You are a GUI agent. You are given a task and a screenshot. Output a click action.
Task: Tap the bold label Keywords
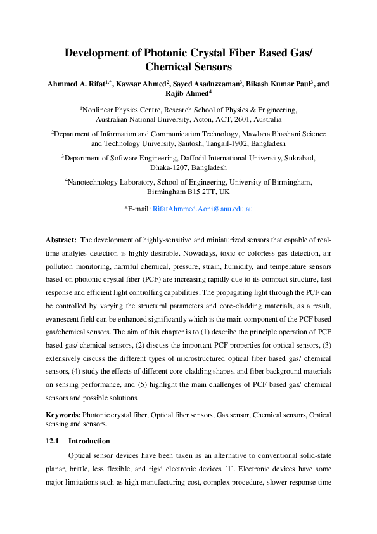click(63, 414)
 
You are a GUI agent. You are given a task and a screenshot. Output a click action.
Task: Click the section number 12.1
click(52, 441)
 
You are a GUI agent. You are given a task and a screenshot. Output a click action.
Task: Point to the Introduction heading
click(89, 441)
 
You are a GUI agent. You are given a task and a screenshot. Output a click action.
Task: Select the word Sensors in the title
click(210, 66)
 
